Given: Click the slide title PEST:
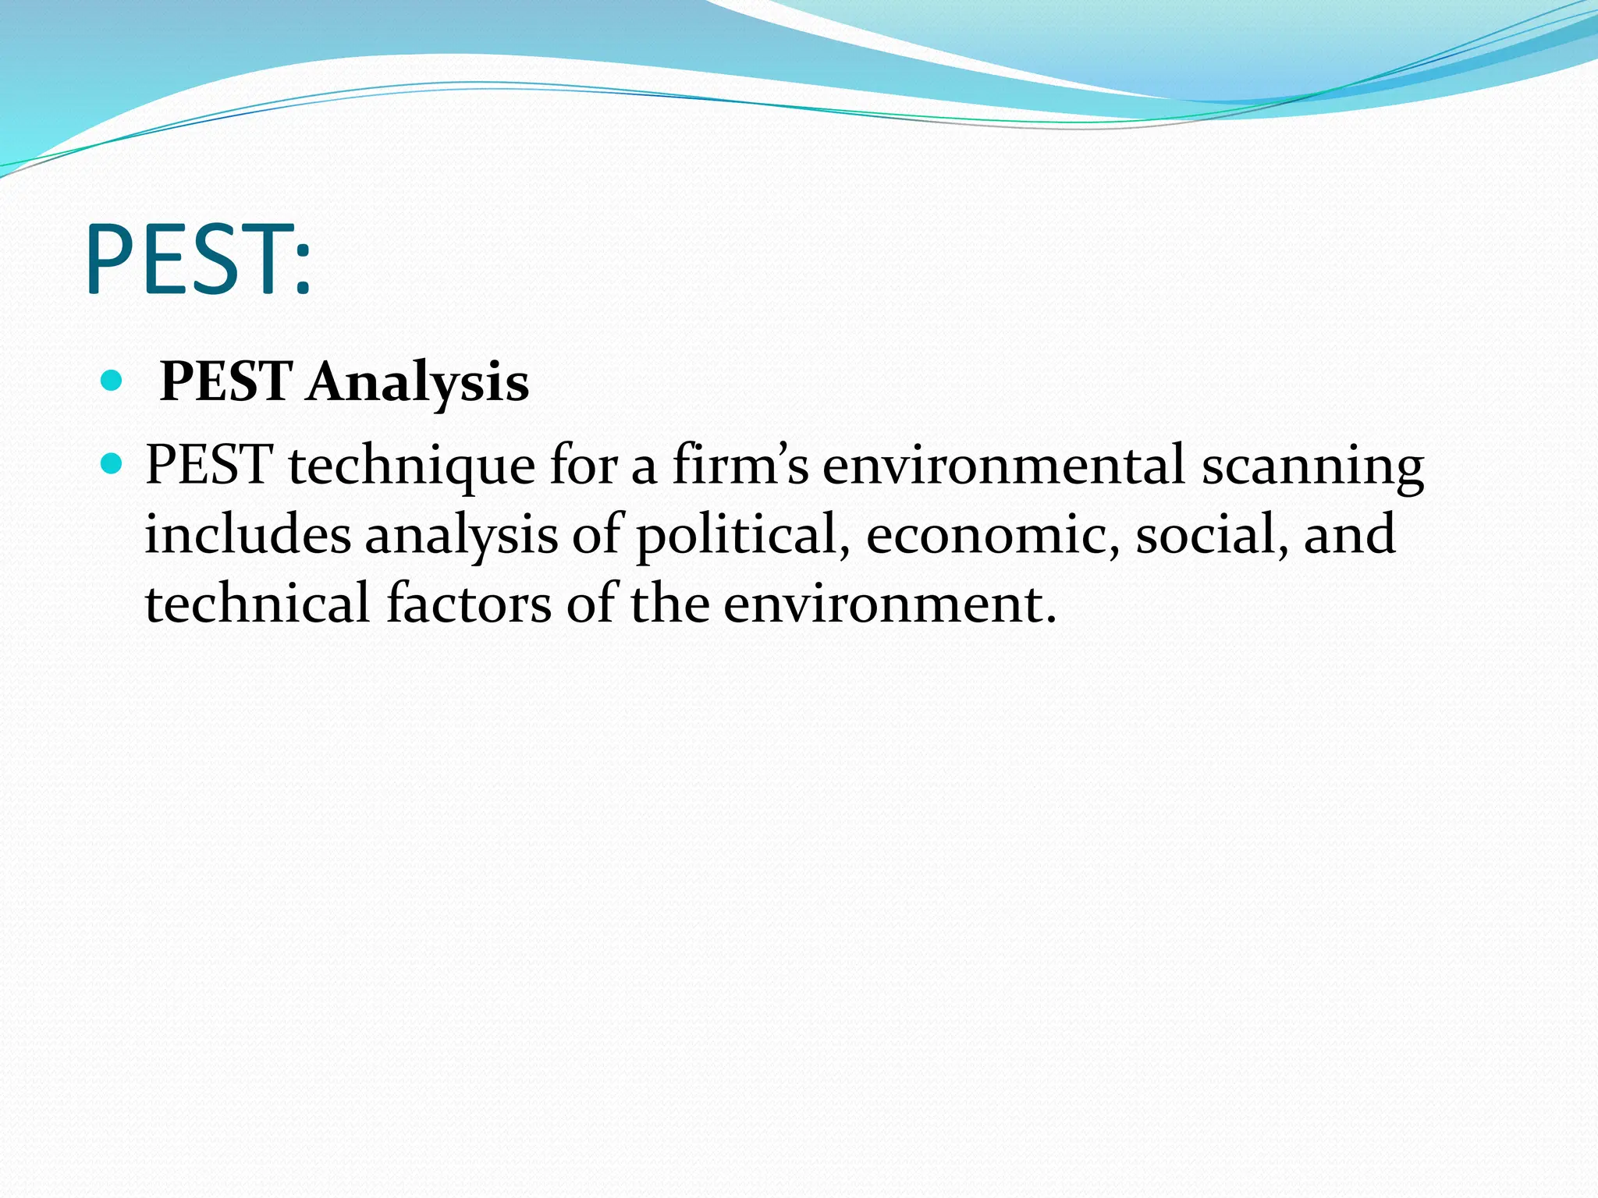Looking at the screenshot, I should tap(199, 260).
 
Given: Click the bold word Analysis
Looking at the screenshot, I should tap(417, 383).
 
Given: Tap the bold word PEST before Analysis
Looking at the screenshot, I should tap(226, 382).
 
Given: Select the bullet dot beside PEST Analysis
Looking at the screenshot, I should tap(112, 381).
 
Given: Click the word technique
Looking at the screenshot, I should tap(411, 466).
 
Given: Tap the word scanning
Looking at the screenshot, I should tap(1312, 466).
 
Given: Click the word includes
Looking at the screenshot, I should tap(248, 535).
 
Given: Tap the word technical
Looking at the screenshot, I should tap(257, 604).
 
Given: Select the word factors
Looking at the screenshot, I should tap(469, 604).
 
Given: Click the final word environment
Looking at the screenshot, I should tap(889, 604).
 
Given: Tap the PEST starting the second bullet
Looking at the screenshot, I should tap(208, 466).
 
